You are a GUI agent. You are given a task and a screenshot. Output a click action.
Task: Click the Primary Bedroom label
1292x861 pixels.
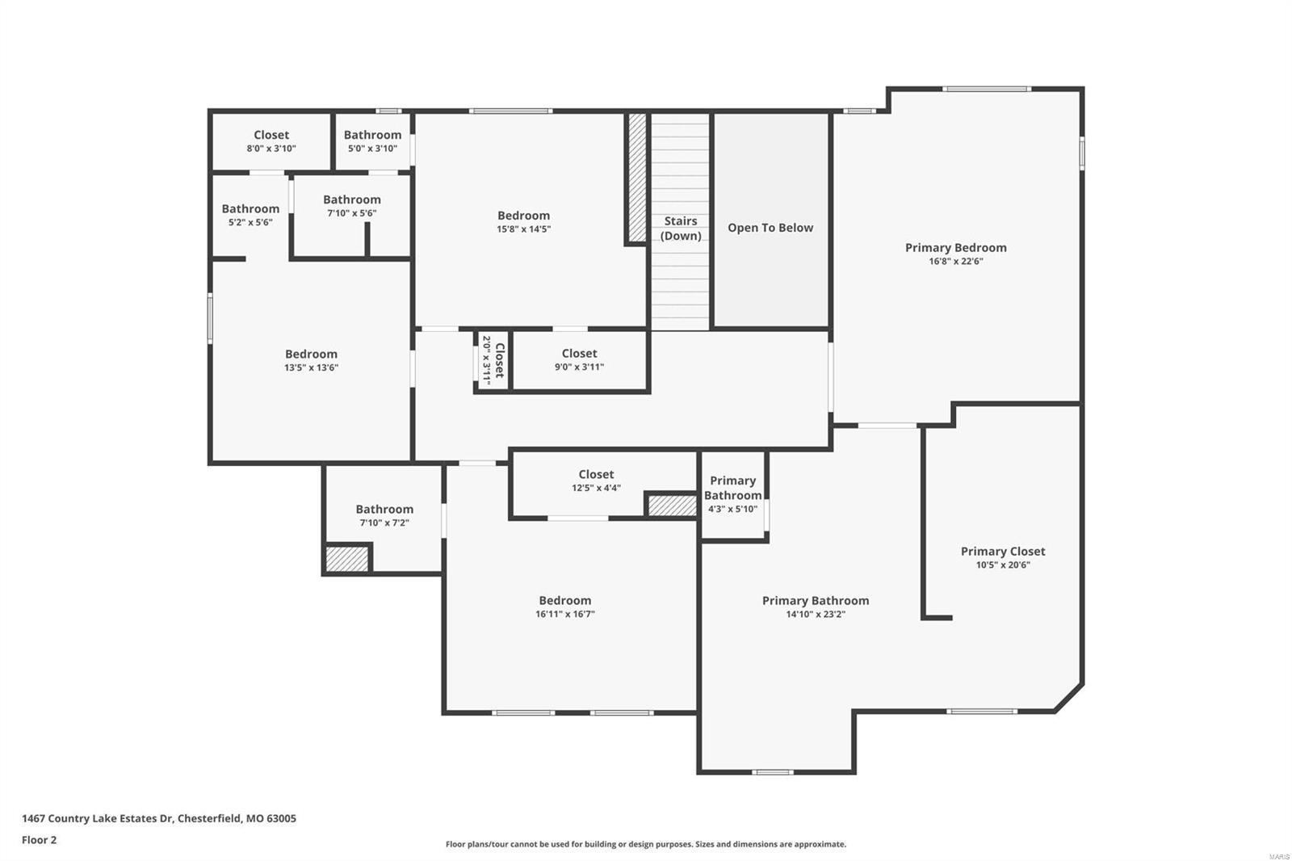point(955,248)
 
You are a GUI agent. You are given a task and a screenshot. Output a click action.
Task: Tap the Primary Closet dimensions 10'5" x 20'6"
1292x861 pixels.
point(1002,565)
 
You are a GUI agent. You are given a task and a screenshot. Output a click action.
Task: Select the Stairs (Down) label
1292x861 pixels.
point(681,228)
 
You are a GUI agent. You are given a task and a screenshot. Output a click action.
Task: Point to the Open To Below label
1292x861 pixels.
point(770,228)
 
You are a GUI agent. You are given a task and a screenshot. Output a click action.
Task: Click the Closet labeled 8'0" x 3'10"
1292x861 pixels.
point(271,141)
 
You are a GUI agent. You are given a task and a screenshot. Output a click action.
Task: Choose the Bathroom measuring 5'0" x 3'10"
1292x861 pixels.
point(372,141)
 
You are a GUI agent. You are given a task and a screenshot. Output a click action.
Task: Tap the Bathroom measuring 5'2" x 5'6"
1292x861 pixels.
point(250,214)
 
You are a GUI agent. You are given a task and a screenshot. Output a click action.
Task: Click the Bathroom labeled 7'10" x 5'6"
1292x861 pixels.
point(351,205)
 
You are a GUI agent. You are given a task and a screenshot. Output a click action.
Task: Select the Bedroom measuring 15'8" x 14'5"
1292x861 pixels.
point(523,221)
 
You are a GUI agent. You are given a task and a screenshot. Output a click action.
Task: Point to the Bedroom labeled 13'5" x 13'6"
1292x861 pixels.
point(311,360)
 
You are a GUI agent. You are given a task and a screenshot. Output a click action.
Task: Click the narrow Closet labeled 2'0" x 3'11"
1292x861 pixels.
point(493,360)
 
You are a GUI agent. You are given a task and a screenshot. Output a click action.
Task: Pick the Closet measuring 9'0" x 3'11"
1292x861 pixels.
point(579,359)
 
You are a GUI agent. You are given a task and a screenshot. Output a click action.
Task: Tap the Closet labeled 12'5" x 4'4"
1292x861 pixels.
point(596,481)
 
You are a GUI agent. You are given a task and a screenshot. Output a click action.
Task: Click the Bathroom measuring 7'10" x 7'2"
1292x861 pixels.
point(384,515)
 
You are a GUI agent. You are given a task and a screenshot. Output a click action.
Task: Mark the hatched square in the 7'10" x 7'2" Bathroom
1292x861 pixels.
point(347,559)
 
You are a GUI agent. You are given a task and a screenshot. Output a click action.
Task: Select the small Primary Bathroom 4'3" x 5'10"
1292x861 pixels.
point(732,493)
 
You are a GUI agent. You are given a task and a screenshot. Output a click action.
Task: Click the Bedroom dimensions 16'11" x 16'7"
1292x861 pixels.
point(565,615)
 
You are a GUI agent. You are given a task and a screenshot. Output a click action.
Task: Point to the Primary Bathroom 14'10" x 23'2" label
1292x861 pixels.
point(816,601)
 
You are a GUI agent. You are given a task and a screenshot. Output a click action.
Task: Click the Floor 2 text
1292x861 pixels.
point(39,840)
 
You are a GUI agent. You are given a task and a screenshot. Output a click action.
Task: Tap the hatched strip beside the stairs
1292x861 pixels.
point(637,178)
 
